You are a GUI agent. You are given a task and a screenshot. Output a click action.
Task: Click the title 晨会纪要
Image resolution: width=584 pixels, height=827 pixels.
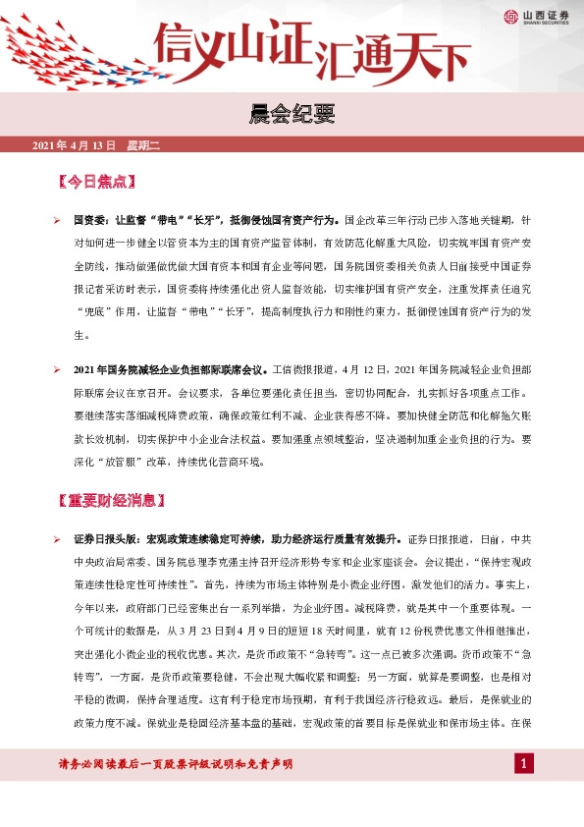point(292,116)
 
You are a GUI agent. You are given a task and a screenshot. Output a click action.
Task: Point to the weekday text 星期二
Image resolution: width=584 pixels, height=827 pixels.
point(142,146)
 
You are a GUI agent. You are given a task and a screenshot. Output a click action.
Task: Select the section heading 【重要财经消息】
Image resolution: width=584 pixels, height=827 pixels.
point(108,501)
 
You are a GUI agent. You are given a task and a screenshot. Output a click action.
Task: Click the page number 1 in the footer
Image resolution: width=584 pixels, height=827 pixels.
point(524,763)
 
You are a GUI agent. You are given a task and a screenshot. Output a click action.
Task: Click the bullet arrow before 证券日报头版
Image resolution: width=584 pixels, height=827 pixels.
point(58,539)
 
